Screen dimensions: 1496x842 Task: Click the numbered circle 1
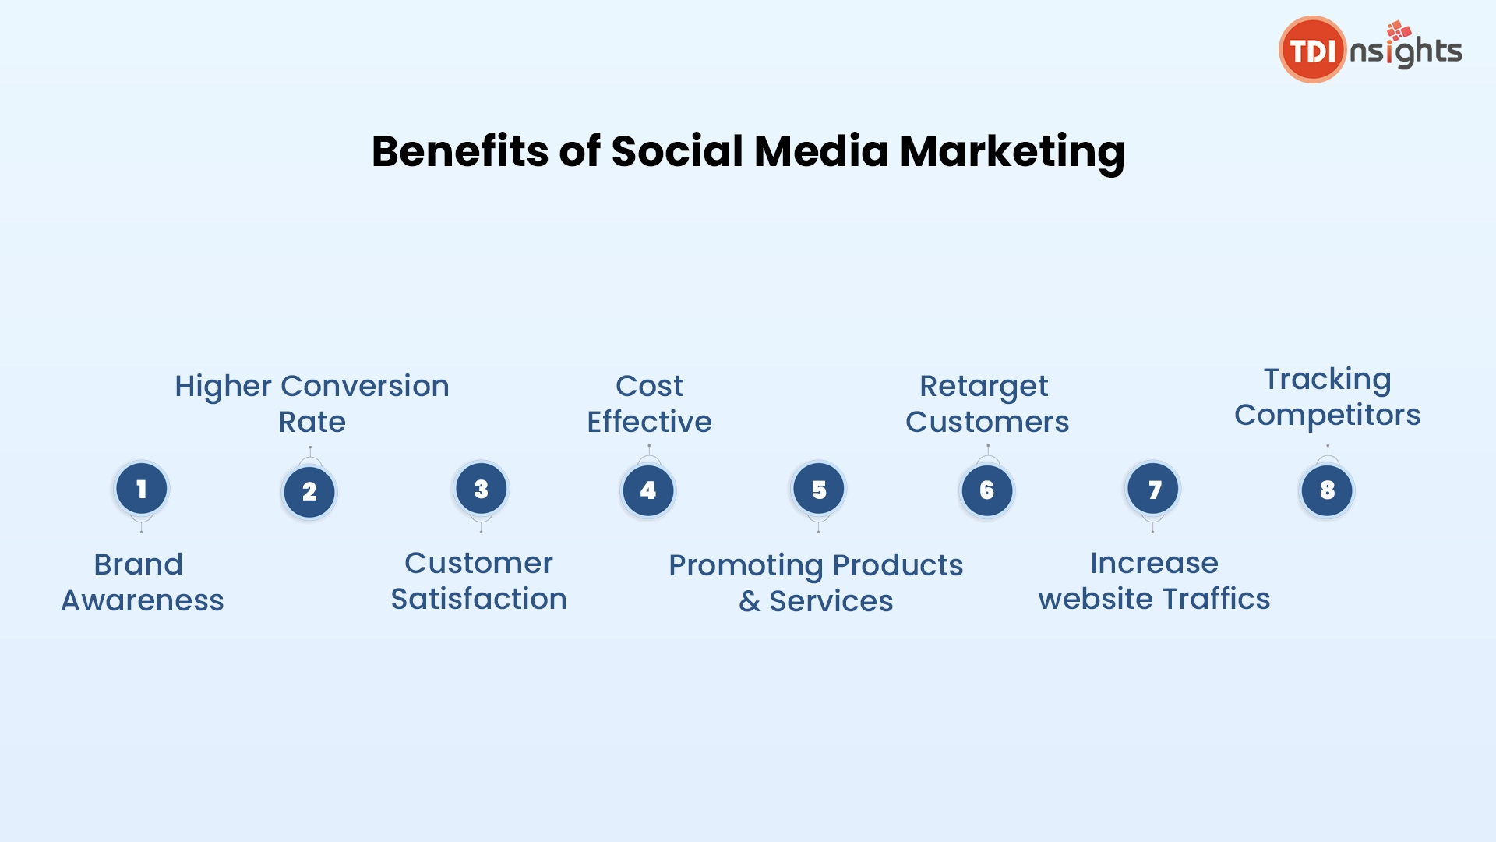tap(141, 489)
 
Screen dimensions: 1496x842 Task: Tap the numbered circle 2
tap(309, 492)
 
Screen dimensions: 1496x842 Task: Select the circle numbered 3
tap(482, 489)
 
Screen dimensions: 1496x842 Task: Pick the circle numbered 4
tap(648, 490)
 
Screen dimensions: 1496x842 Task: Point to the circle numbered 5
tap(819, 489)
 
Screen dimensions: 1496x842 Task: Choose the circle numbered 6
tap(987, 490)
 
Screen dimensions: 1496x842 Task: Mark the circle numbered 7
tap(1153, 489)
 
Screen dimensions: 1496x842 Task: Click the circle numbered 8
tap(1327, 490)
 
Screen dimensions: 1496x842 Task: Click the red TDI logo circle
tap(1312, 50)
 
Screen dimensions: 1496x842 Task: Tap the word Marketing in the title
tap(1012, 151)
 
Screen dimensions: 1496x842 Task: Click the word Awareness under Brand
tap(143, 600)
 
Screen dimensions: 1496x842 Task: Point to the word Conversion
tap(365, 386)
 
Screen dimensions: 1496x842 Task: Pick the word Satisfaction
tap(478, 599)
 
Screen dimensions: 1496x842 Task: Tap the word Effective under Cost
tap(649, 422)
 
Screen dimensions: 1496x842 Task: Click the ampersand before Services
tap(750, 601)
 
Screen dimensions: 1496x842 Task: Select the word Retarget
tap(984, 387)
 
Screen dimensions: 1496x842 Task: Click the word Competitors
tap(1327, 416)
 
